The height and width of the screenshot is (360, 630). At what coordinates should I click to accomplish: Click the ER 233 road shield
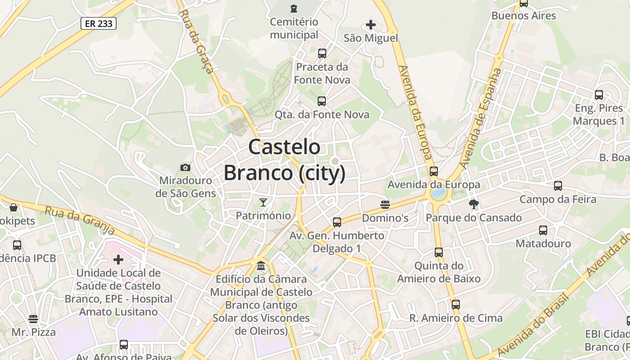click(x=99, y=23)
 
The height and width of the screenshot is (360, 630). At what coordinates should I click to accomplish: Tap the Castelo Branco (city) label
click(x=284, y=160)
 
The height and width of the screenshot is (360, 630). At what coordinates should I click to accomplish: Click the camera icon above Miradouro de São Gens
click(x=185, y=168)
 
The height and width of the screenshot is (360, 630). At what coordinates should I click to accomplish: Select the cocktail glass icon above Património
click(x=263, y=202)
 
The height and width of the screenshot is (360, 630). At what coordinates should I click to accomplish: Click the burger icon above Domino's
click(x=385, y=205)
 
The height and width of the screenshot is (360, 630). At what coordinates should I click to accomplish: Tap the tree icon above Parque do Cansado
click(x=473, y=204)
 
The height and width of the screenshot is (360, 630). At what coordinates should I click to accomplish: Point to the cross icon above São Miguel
click(x=371, y=25)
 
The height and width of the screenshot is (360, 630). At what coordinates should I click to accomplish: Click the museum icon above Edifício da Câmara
click(x=261, y=266)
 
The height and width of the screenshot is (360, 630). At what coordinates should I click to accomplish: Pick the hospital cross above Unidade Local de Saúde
click(x=118, y=260)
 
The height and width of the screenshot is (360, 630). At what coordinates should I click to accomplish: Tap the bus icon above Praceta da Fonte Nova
click(x=322, y=54)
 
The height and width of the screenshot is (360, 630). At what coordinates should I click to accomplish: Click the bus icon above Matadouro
click(x=543, y=230)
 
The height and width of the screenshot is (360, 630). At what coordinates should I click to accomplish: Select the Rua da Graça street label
click(x=196, y=40)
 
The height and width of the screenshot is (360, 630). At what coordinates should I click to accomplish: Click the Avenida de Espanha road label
click(x=481, y=118)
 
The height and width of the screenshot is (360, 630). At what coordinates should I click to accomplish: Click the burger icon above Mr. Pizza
click(x=33, y=319)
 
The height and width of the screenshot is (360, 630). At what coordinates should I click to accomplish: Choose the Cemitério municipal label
click(x=294, y=28)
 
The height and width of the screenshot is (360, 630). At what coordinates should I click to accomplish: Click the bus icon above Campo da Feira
click(x=558, y=185)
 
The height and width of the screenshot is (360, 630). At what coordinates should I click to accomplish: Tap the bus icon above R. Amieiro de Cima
click(x=456, y=305)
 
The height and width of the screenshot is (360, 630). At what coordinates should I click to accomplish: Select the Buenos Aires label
click(x=524, y=16)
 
